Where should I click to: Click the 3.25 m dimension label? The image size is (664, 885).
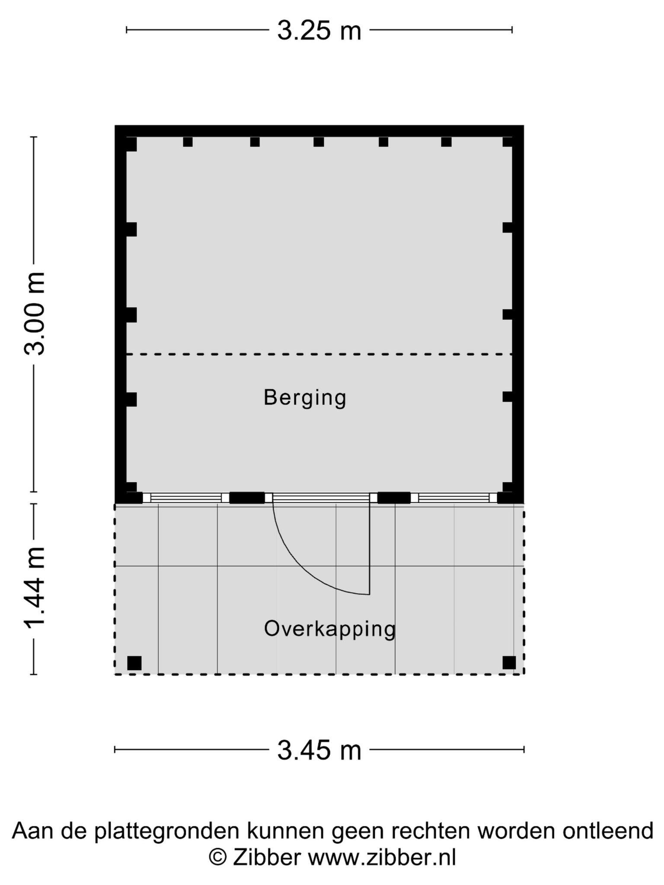tap(319, 31)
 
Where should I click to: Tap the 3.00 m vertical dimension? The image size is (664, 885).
tap(35, 314)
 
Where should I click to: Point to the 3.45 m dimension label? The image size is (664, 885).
tap(319, 751)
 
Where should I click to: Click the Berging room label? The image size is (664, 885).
tap(305, 398)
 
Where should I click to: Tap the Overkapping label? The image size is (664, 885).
tap(330, 629)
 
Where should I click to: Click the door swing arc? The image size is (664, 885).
tap(303, 570)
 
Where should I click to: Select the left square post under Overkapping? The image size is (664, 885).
tap(134, 663)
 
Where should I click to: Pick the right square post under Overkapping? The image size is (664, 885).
tap(509, 662)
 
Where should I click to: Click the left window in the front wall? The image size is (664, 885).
tap(186, 498)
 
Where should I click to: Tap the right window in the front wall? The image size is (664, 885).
tap(454, 498)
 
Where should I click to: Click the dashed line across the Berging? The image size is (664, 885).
tap(319, 354)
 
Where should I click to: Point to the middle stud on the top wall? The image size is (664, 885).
tap(319, 142)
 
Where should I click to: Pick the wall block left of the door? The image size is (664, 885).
tap(247, 498)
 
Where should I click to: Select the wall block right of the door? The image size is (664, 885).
tap(394, 498)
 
